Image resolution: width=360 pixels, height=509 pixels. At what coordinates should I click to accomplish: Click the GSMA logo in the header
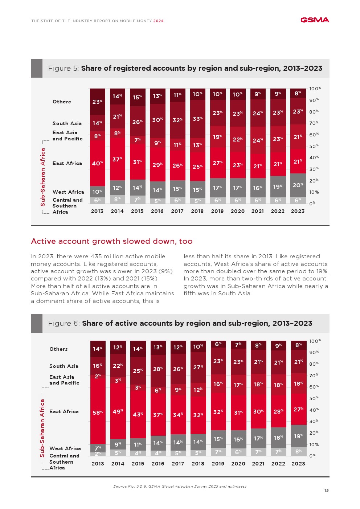pyautogui.click(x=315, y=20)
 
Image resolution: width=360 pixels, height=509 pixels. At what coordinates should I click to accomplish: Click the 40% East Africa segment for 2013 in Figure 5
pyautogui.click(x=97, y=163)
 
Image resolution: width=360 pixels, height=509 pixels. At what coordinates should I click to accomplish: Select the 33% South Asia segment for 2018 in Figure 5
pyautogui.click(x=197, y=119)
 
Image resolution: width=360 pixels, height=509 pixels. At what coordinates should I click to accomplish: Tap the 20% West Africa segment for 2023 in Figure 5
pyautogui.click(x=298, y=185)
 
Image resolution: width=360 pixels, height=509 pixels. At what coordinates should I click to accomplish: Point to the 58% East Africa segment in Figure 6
pyautogui.click(x=98, y=412)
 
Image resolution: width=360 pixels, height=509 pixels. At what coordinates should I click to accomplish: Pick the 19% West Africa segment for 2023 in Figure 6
pyautogui.click(x=298, y=436)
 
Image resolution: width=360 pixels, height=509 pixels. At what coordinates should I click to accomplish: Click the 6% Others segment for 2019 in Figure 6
pyautogui.click(x=218, y=344)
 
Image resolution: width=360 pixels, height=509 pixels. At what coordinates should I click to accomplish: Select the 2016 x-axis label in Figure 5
pyautogui.click(x=157, y=211)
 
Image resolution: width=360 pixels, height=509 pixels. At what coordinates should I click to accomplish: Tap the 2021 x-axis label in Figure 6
pyautogui.click(x=258, y=464)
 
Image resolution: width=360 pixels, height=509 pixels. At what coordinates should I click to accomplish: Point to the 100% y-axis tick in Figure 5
pyautogui.click(x=315, y=89)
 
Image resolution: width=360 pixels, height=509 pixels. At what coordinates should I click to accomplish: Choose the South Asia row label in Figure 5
pyautogui.click(x=67, y=123)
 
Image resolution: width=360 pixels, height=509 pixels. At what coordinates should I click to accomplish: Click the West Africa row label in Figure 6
pyautogui.click(x=65, y=448)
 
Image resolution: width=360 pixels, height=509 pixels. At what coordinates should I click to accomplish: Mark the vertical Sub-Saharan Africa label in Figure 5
pyautogui.click(x=43, y=177)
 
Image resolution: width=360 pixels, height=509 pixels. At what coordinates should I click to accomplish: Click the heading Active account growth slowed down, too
pyautogui.click(x=112, y=241)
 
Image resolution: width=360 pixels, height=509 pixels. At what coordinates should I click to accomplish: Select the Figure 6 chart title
pyautogui.click(x=180, y=323)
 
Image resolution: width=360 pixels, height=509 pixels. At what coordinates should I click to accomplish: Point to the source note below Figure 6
pyautogui.click(x=180, y=486)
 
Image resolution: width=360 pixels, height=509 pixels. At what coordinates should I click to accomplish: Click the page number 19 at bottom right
pyautogui.click(x=326, y=490)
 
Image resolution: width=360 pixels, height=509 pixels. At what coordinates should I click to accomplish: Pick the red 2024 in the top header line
pyautogui.click(x=158, y=21)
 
